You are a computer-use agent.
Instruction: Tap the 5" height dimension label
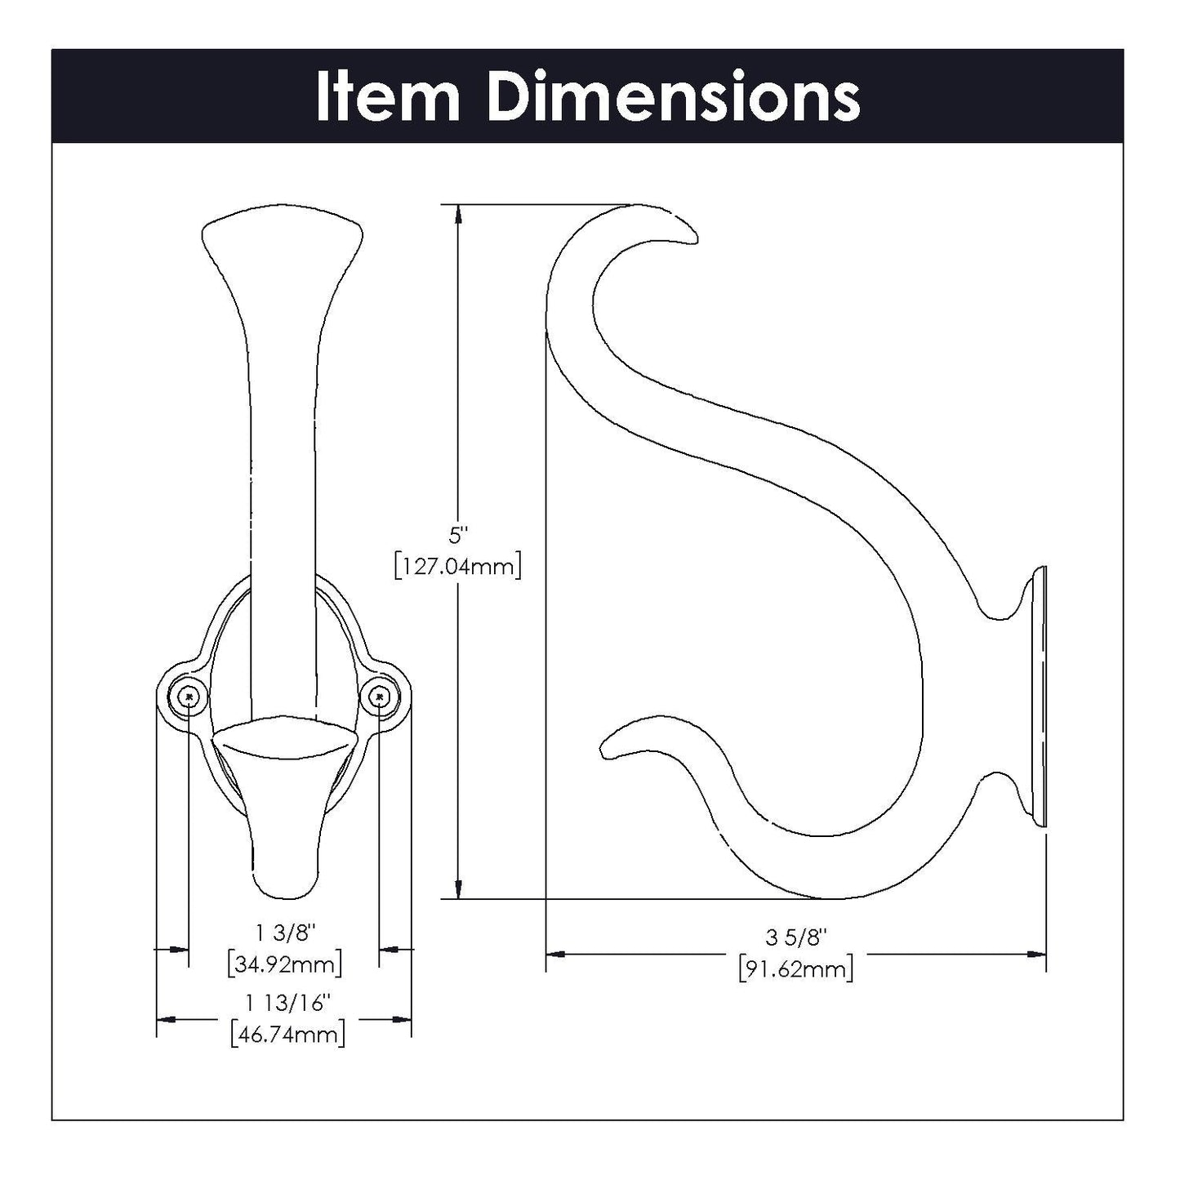[x=459, y=536]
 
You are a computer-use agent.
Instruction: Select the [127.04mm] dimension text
[x=457, y=565]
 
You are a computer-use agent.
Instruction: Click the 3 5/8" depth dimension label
[x=796, y=937]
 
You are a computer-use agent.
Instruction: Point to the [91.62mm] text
[x=796, y=969]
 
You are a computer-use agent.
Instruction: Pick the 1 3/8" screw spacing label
[x=284, y=933]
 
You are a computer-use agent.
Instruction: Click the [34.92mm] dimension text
[x=284, y=964]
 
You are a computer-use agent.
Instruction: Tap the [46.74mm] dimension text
[x=287, y=1035]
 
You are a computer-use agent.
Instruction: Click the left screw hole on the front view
[x=189, y=696]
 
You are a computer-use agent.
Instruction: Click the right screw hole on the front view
[x=380, y=696]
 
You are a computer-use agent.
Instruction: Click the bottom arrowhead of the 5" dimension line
[x=460, y=889]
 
